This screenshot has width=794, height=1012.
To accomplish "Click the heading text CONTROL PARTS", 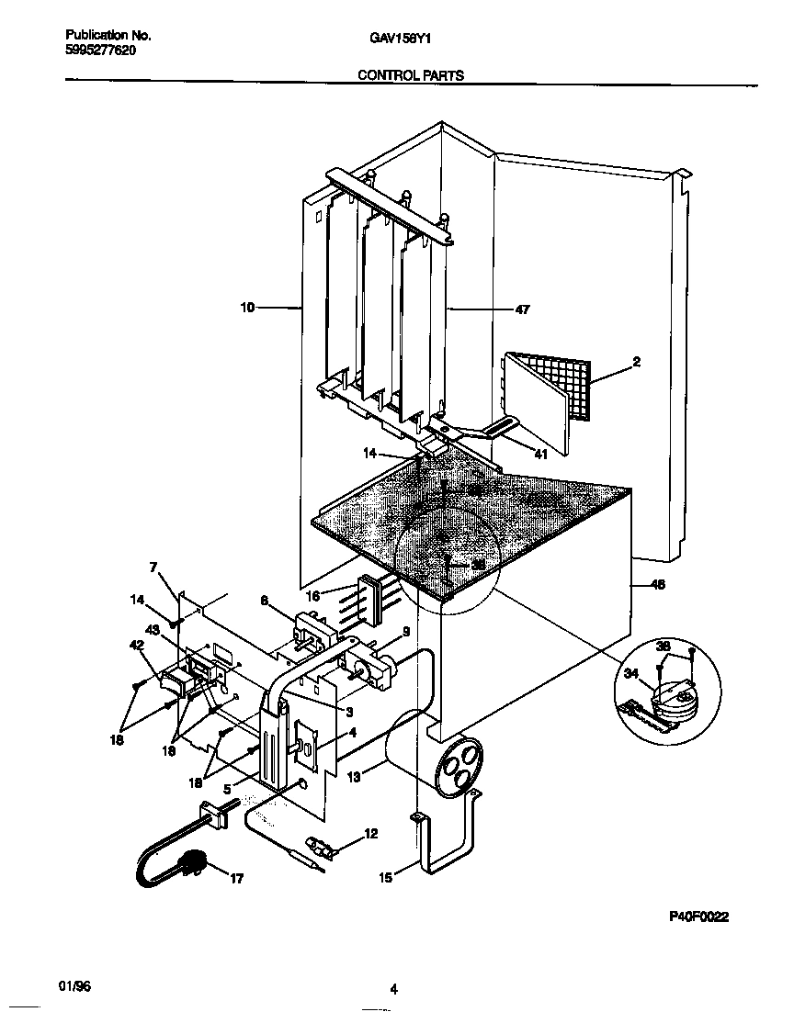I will coord(410,75).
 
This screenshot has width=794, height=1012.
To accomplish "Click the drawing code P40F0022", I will coord(698,916).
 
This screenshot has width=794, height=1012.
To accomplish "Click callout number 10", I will coord(247,309).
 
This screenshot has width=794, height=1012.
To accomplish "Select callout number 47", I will coord(522,310).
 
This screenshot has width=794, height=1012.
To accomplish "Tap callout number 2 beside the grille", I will coord(636,362).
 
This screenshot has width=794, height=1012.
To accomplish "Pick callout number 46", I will coord(657,584).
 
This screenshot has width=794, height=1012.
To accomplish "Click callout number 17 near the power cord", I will coord(236,879).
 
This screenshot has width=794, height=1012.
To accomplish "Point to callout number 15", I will coord(385,878).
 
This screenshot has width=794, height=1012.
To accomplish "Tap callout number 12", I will coord(370,834).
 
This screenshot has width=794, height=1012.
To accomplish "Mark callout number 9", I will coord(404,631).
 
